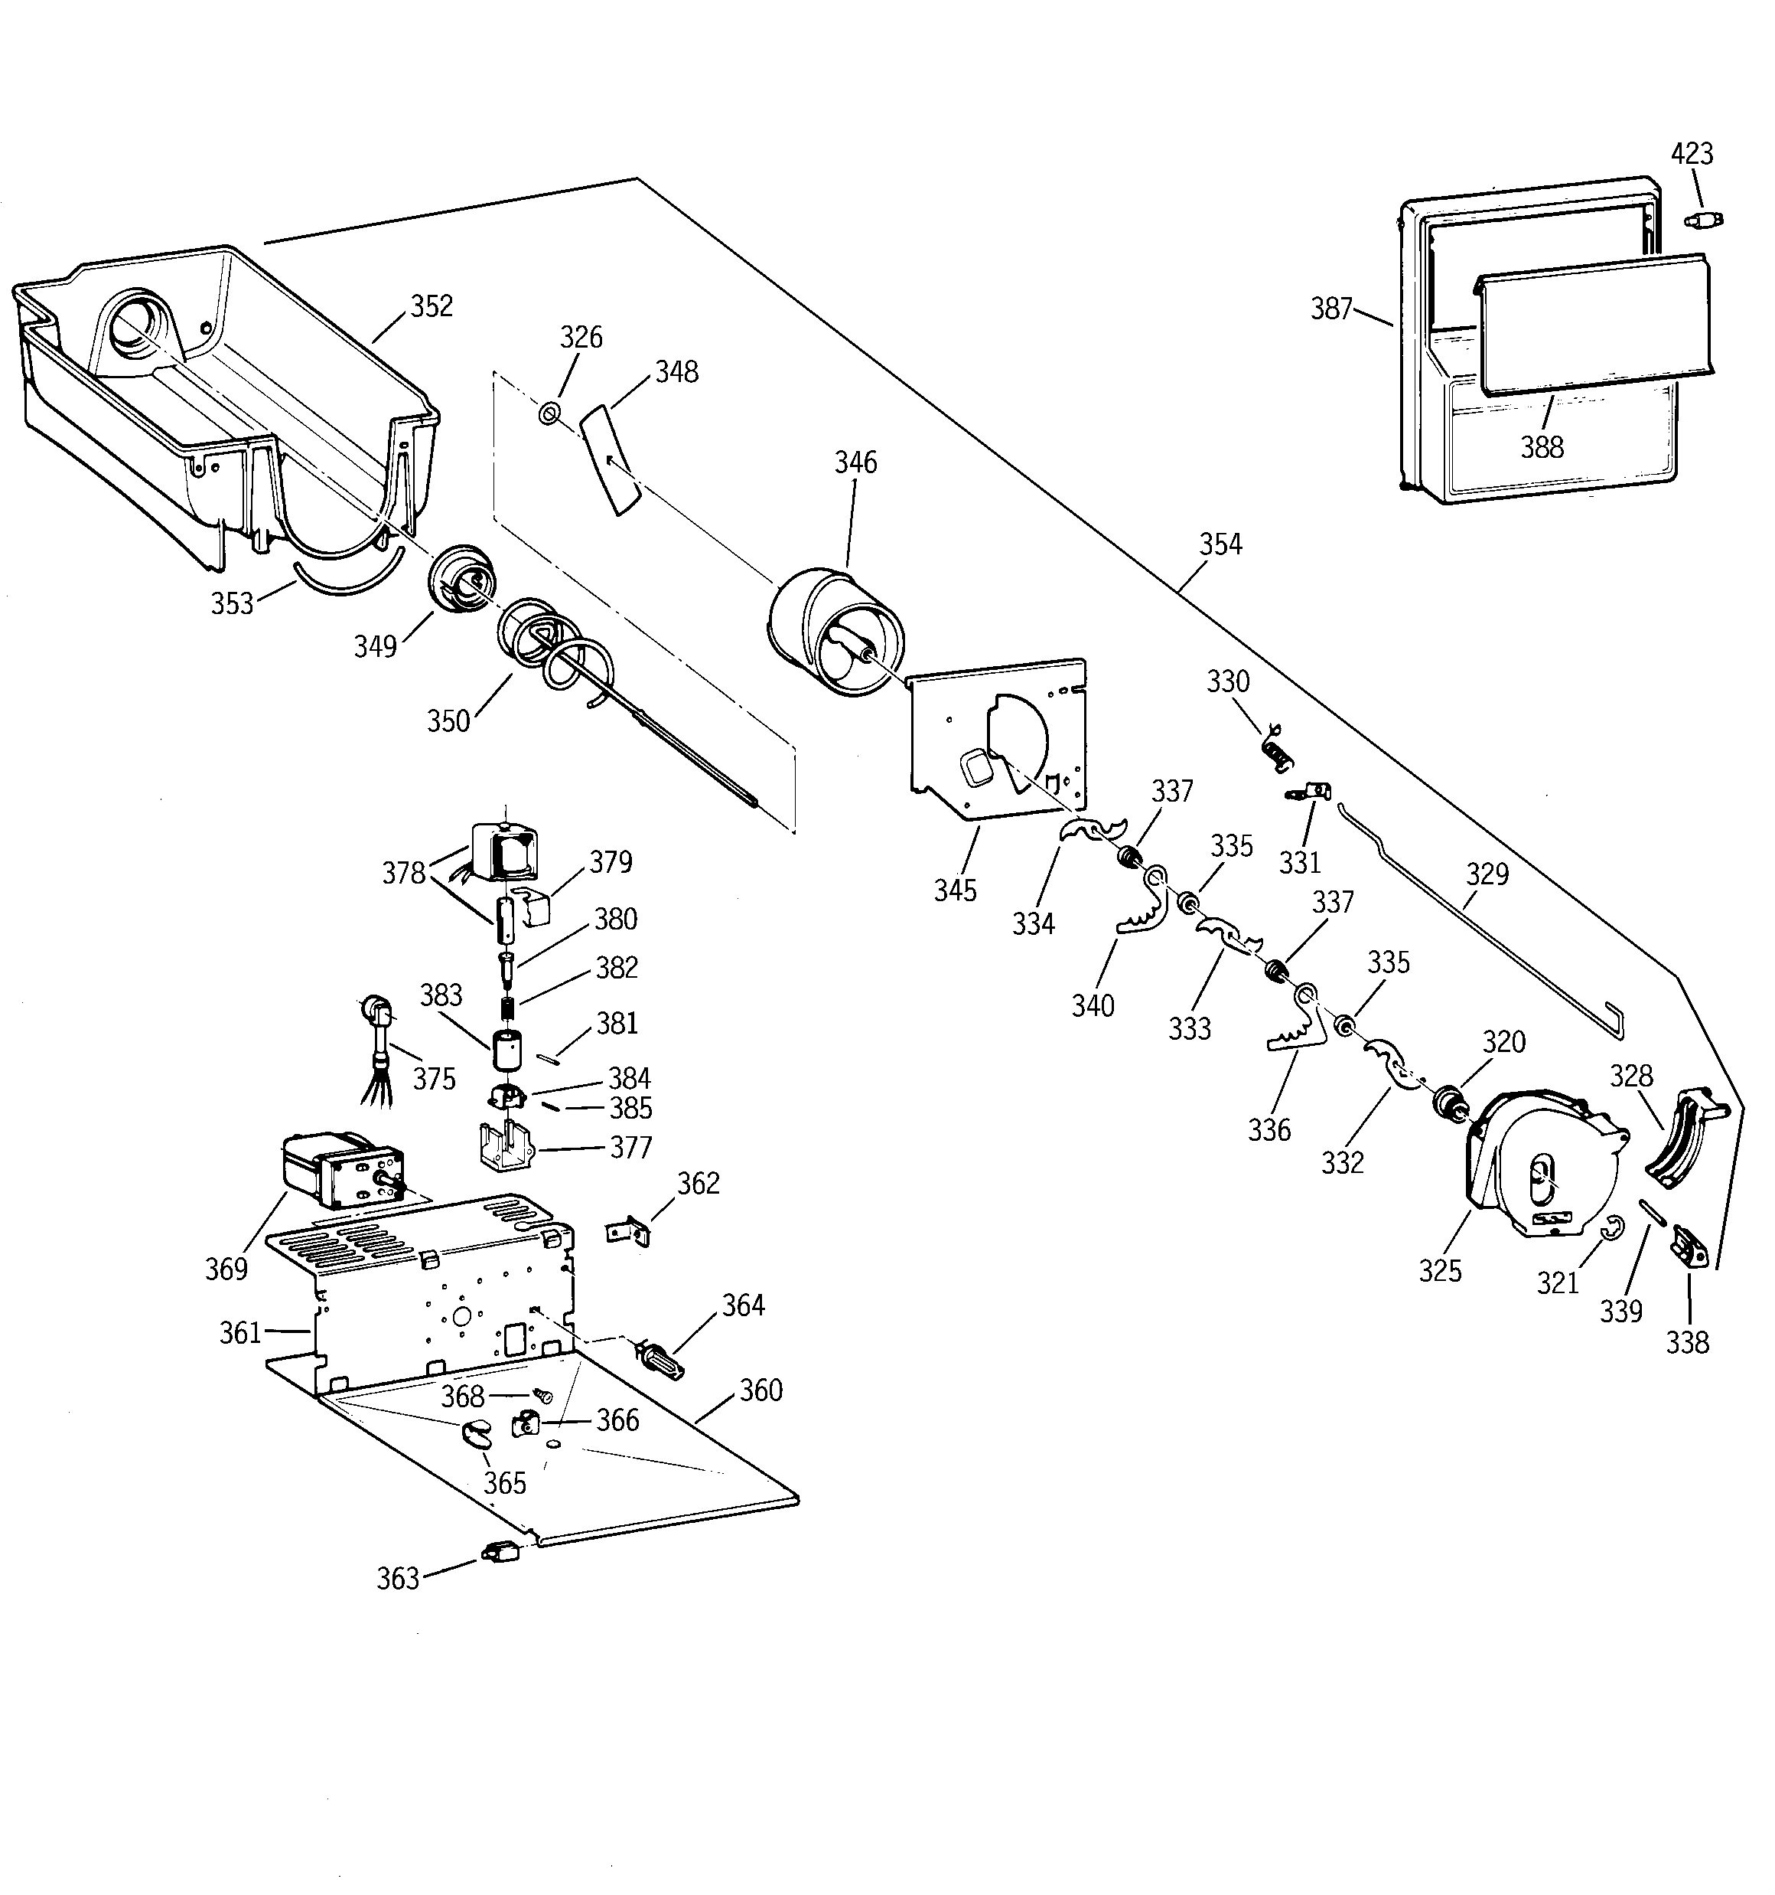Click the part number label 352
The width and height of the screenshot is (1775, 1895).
coord(432,306)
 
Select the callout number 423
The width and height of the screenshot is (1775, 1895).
coord(1692,153)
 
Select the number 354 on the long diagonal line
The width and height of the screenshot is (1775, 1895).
coord(1220,544)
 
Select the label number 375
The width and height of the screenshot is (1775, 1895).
coord(435,1078)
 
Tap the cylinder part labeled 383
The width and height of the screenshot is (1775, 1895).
coord(510,1051)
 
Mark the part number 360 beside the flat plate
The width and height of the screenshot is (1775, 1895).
coord(761,1390)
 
